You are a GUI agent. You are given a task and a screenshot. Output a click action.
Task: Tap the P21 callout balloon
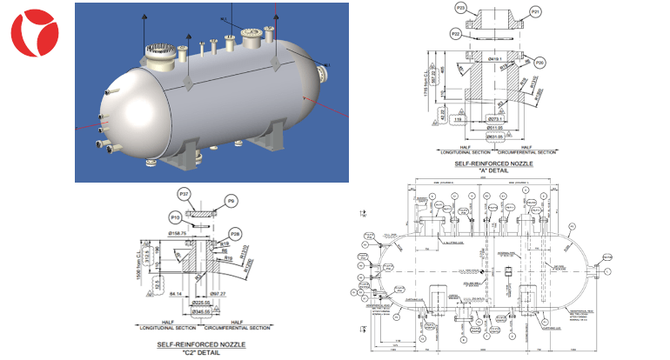coord(535,11)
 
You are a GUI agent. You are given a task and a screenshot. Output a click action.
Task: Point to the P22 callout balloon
coord(456,33)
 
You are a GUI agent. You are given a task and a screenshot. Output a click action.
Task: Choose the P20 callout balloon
coord(540,63)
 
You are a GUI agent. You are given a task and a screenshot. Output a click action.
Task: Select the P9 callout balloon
coord(231,201)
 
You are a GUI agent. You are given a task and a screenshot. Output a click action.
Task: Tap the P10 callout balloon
coord(175,217)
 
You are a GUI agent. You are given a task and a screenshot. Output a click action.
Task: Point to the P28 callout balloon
coord(235,233)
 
